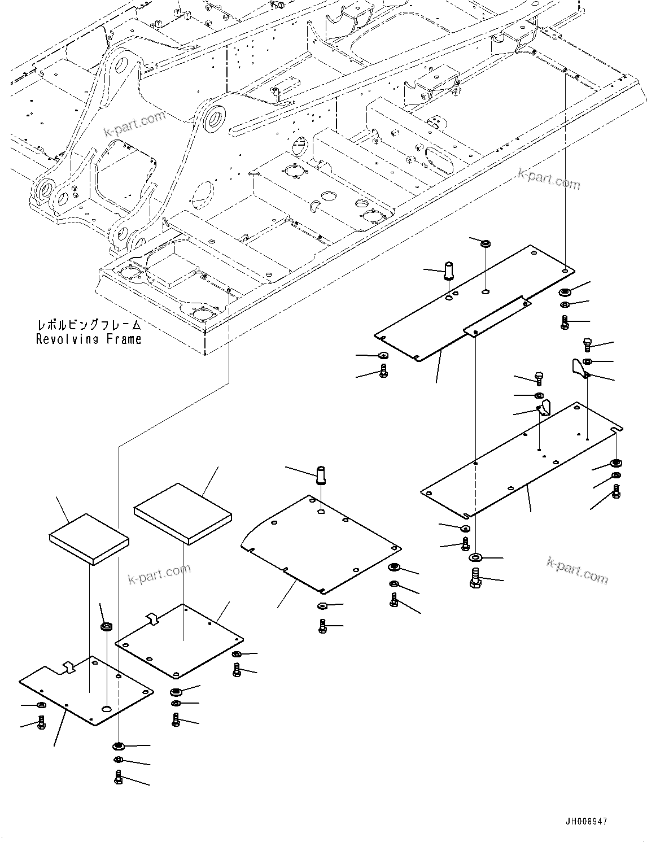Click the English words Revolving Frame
89,339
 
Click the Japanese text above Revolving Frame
89,326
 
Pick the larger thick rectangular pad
182,513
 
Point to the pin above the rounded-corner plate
322,474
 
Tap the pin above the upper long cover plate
449,269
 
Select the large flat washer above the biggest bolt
476,558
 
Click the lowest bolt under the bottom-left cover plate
119,777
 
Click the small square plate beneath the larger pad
180,641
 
